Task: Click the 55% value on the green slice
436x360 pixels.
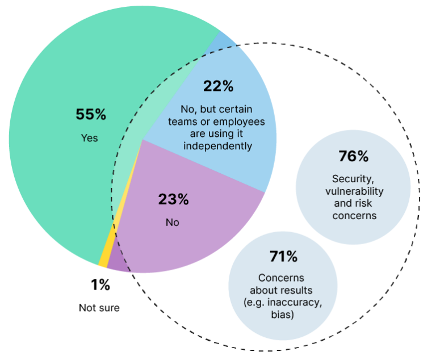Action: pyautogui.click(x=91, y=114)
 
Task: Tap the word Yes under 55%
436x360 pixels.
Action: pyautogui.click(x=89, y=138)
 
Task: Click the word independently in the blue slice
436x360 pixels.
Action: pyautogui.click(x=218, y=145)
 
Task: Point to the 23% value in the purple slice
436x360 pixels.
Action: pyautogui.click(x=173, y=199)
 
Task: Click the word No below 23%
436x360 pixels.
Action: pyautogui.click(x=172, y=222)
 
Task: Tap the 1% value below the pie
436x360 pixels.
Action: pyautogui.click(x=100, y=285)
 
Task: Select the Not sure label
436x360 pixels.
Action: pyautogui.click(x=99, y=308)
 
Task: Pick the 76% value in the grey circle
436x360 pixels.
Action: pyautogui.click(x=353, y=156)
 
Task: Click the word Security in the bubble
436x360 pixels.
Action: pyautogui.click(x=353, y=179)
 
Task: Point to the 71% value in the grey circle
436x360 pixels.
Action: pyautogui.click(x=283, y=257)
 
